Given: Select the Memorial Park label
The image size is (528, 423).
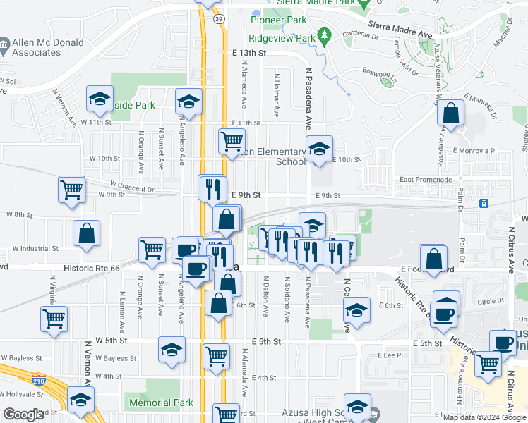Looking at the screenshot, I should click(160, 403).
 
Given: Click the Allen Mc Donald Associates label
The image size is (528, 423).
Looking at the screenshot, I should click(47, 47).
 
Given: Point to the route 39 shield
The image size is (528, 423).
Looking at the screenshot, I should click(220, 19).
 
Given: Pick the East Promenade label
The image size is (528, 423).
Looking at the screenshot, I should click(425, 180).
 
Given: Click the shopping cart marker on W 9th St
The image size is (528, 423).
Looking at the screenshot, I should click(72, 190).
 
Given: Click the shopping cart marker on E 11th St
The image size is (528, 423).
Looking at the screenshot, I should click(232, 141).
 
